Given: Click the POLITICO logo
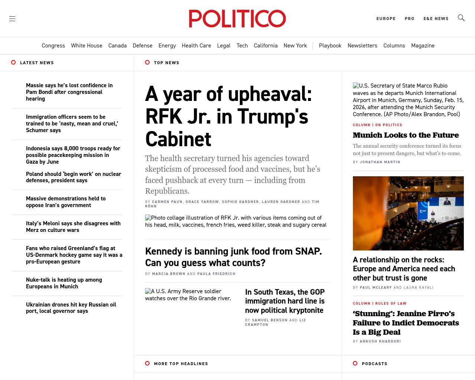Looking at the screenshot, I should pos(237,19).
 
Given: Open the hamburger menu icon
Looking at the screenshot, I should pos(12,19).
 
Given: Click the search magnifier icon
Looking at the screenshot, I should pos(461,18).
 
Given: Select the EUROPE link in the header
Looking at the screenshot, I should pos(386,19).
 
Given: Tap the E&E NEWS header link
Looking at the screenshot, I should pos(436,19).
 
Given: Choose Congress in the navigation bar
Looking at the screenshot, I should pos(53,46).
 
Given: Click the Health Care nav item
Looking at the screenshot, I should pos(196,46).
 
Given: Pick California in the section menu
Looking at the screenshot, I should pos(265,46).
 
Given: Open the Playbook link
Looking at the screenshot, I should pos(330,46).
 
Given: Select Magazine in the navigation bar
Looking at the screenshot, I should pos(423,46).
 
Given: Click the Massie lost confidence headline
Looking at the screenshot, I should pos(69,92).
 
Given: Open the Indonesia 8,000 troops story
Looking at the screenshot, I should pos(73,155).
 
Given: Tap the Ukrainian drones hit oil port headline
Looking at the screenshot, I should pos(71,308).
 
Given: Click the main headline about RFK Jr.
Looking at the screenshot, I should pos(228,117).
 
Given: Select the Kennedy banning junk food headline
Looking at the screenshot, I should pos(233,257).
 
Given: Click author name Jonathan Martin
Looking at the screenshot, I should pos(380,162).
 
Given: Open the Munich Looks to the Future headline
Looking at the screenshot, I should pos(406,135).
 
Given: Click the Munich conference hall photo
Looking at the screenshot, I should pos(408,213).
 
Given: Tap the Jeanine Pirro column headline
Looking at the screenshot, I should pos(406,323).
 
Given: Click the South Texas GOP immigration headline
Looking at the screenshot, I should pos(285,301).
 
